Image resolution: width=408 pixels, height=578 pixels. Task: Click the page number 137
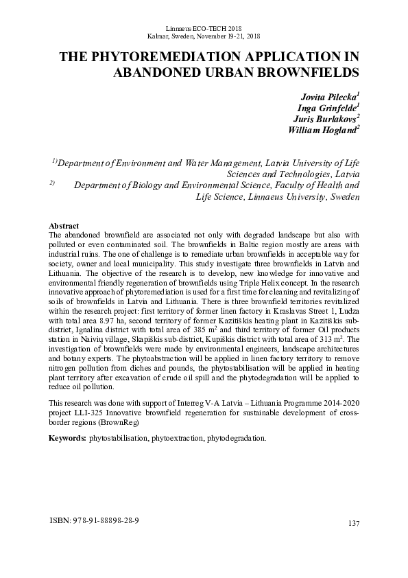click(x=354, y=524)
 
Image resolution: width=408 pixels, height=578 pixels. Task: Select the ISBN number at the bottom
click(x=95, y=521)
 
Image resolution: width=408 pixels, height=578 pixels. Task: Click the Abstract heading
click(x=64, y=226)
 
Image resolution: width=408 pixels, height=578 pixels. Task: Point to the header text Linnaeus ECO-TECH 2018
click(x=204, y=25)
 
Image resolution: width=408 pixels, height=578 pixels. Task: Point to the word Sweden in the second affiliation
click(x=342, y=197)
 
